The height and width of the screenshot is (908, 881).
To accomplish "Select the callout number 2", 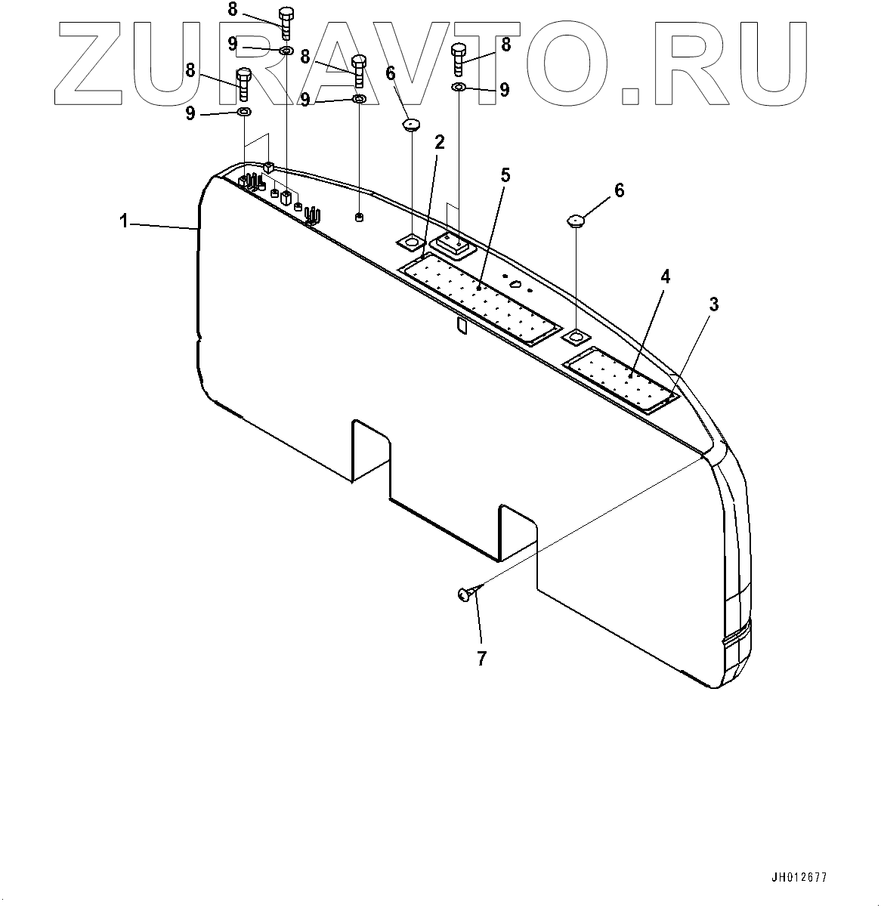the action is pyautogui.click(x=439, y=143).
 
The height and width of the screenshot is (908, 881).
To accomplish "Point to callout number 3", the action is pyautogui.click(x=713, y=305).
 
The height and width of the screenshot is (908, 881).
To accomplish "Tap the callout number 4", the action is pyautogui.click(x=665, y=276).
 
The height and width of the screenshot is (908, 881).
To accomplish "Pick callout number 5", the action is pyautogui.click(x=505, y=176).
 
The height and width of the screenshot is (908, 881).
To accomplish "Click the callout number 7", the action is pyautogui.click(x=481, y=658).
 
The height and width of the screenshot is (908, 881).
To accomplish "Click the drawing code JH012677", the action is pyautogui.click(x=799, y=878).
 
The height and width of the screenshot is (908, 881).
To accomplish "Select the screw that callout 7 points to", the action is pyautogui.click(x=466, y=595).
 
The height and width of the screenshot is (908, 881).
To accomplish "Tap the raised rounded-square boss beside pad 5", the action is pyautogui.click(x=451, y=244).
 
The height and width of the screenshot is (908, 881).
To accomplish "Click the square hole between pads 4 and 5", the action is pyautogui.click(x=577, y=335).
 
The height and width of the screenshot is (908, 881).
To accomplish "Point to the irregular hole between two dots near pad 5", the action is pyautogui.click(x=515, y=285).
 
